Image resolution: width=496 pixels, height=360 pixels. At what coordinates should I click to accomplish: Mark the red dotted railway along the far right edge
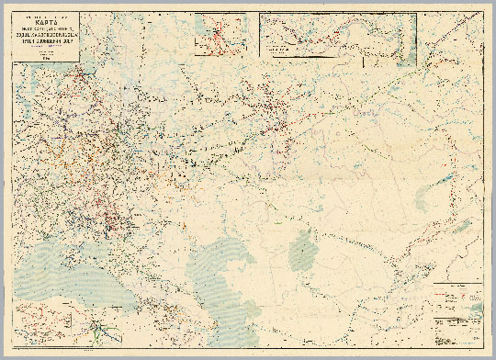point(465,184)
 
